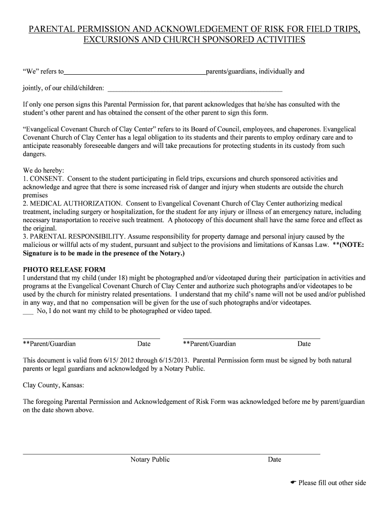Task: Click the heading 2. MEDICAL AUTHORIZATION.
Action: (72, 203)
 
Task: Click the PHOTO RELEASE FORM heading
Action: (64, 270)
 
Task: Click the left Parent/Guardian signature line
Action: (91, 337)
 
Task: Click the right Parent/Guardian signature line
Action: (251, 337)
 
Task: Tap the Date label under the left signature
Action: (144, 344)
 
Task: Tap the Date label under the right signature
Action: (304, 344)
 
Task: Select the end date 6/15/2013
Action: (174, 360)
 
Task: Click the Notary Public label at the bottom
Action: (150, 459)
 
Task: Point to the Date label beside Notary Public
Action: (274, 459)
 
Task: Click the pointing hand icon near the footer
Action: (293, 483)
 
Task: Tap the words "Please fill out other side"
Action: (332, 483)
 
